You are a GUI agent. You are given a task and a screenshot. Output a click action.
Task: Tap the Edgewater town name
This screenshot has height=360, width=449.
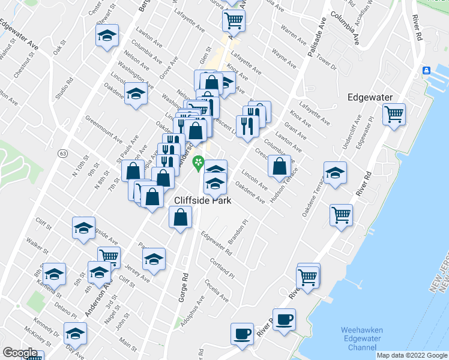(x=370, y=97)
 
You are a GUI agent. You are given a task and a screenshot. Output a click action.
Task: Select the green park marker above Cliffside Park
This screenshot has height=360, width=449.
(x=197, y=163)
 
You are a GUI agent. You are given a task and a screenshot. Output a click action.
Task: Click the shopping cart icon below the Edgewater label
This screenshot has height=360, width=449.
(x=394, y=113)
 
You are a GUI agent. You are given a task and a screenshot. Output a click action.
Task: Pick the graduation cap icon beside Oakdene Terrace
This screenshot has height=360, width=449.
(x=335, y=172)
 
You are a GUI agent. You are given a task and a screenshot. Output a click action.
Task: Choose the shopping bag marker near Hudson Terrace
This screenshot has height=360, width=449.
(x=279, y=166)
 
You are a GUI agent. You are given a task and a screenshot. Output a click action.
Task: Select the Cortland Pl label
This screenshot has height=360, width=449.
(x=216, y=263)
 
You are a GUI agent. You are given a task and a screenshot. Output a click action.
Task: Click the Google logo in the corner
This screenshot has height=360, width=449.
(x=20, y=353)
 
